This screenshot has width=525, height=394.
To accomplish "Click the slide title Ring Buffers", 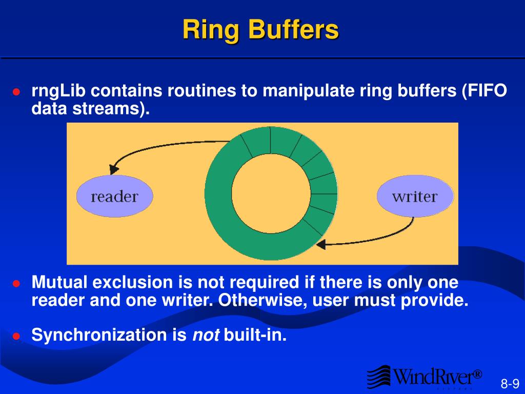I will [x=261, y=30].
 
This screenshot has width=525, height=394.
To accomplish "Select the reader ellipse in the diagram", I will [x=114, y=196].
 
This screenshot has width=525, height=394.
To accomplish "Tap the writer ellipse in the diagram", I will [x=415, y=196].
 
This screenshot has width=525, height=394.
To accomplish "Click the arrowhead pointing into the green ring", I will [x=320, y=245].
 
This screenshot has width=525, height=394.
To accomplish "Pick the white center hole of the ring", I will [x=271, y=193].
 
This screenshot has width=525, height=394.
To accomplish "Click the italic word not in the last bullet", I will [x=206, y=336].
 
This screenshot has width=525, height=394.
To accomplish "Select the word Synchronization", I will [x=99, y=336].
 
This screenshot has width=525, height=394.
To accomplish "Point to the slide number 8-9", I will [x=510, y=384].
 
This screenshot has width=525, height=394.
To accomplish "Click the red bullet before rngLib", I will [x=16, y=92].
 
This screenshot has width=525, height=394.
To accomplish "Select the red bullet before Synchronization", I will [x=16, y=337].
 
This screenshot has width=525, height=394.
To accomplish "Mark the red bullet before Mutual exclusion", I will [x=16, y=284].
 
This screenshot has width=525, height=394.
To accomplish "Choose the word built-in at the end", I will [x=255, y=336].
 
